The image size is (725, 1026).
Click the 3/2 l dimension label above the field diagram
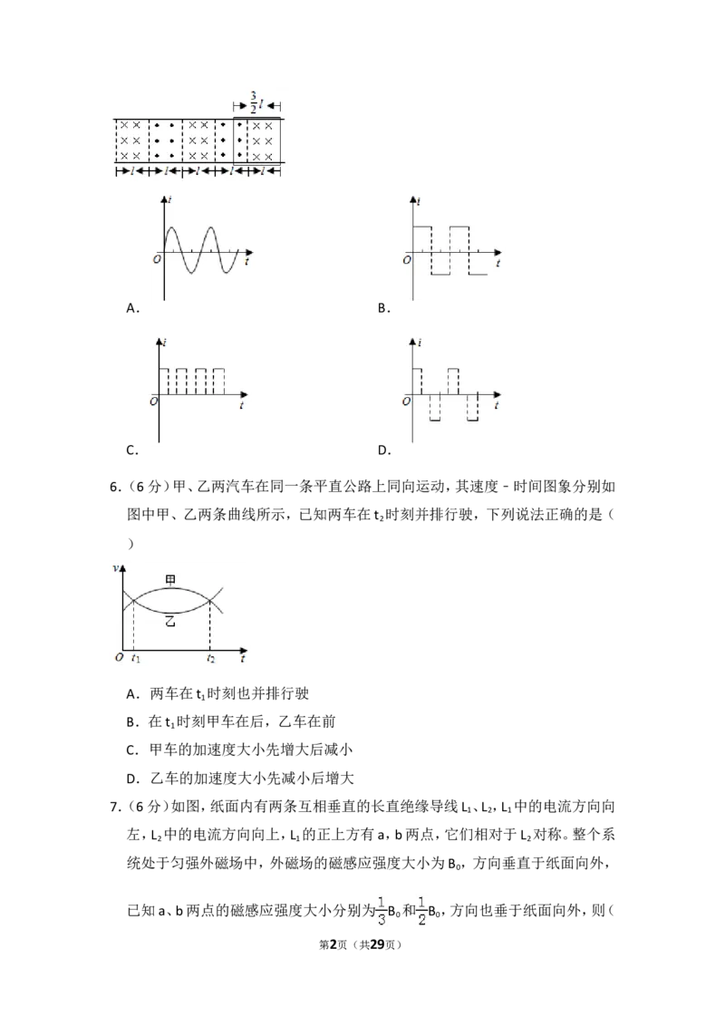pos(256,103)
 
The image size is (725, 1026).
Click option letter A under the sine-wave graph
pos(130,308)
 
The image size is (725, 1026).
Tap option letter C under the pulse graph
pos(130,450)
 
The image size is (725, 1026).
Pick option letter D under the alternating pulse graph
pos(382,450)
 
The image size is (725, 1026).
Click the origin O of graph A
pos(157,260)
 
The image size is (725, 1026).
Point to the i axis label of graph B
pos(418,201)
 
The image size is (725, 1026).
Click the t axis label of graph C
pos(241,406)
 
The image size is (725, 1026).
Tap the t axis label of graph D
pos(497,406)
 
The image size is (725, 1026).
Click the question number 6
pos(114,487)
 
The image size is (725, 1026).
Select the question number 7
pos(114,807)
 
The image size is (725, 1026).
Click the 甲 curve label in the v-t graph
pos(170,579)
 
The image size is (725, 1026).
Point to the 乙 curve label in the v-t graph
pos(170,621)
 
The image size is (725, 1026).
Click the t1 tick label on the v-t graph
pos(135,658)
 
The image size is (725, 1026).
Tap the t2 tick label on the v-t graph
pos(210,658)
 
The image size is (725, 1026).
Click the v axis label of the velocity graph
pos(116,568)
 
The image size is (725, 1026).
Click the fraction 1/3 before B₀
pos(382,911)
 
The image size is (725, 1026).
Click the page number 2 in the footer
pos(333,944)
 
